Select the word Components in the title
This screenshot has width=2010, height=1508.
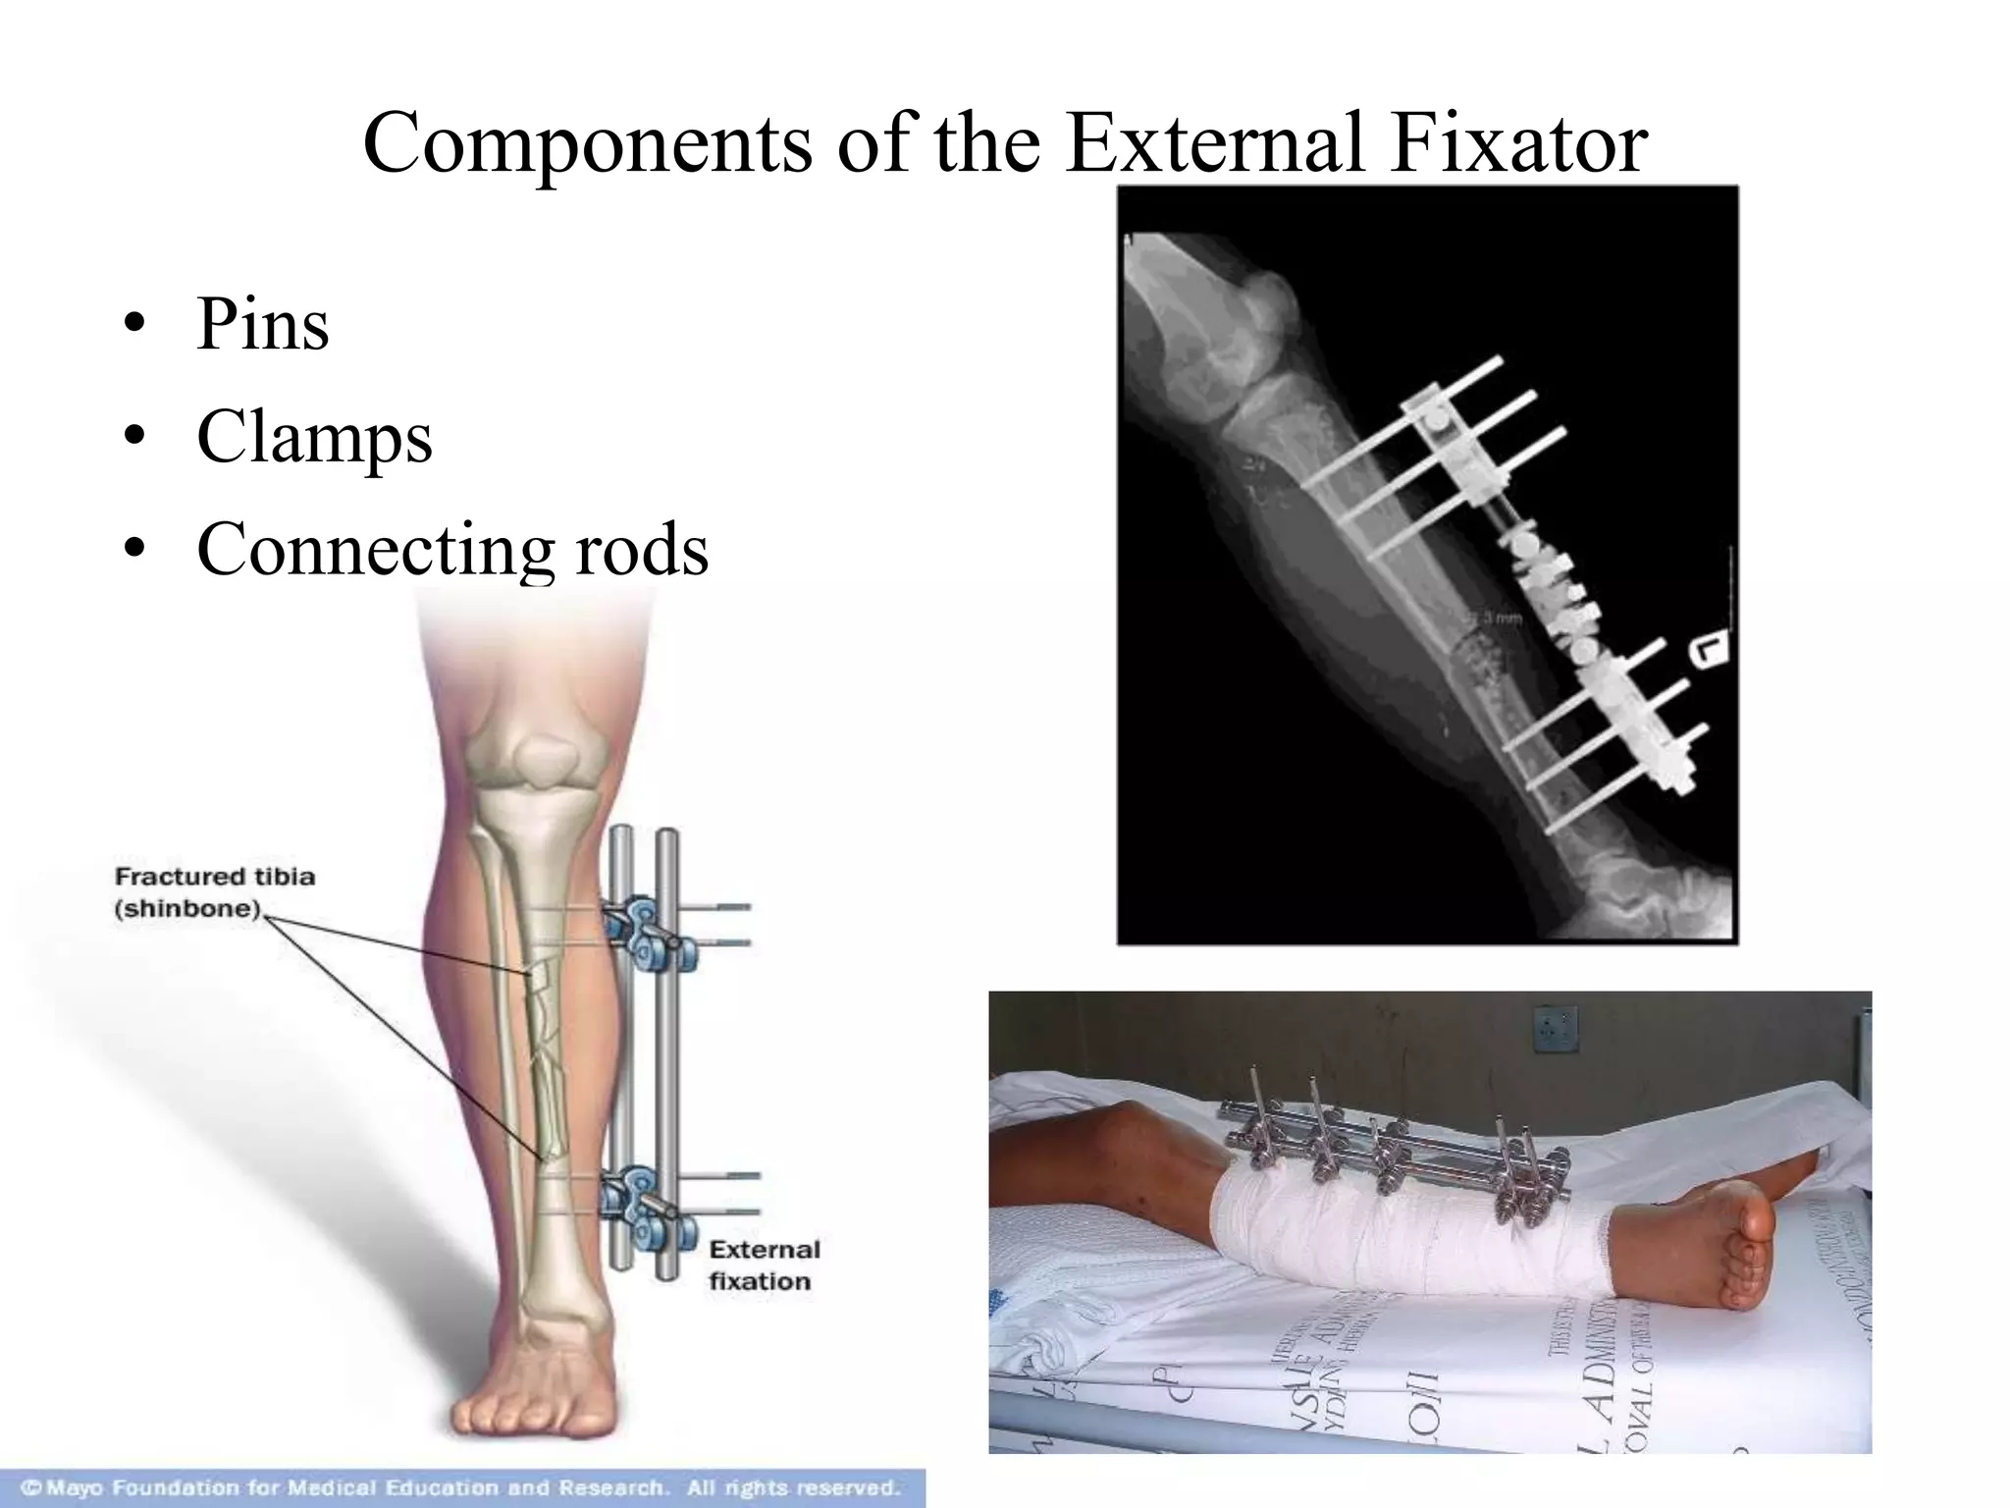point(588,143)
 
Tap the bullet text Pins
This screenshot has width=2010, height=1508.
point(262,324)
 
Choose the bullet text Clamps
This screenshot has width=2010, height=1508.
point(314,437)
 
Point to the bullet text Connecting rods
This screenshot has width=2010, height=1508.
point(452,549)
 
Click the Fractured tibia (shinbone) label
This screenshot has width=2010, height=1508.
point(215,891)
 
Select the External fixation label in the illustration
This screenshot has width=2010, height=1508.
point(764,1265)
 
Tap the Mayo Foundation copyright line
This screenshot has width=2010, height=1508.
point(461,1487)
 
